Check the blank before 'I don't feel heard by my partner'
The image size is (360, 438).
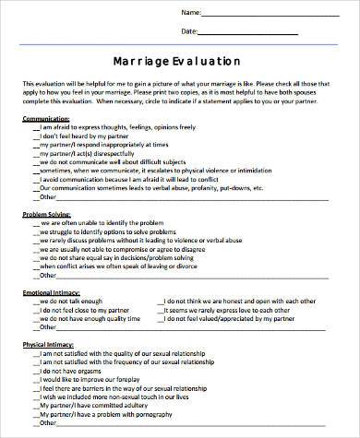coord(37,136)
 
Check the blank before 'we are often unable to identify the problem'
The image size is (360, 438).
coord(37,223)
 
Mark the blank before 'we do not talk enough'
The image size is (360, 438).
coord(37,302)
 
